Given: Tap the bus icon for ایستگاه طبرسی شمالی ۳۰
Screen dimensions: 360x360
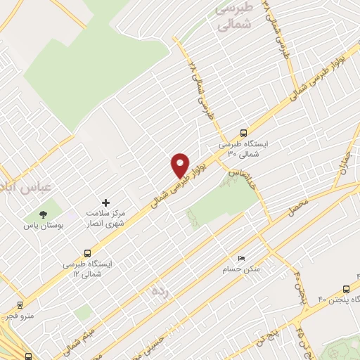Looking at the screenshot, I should click(244, 132).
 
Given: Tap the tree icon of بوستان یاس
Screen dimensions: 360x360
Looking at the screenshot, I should click(44, 213).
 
